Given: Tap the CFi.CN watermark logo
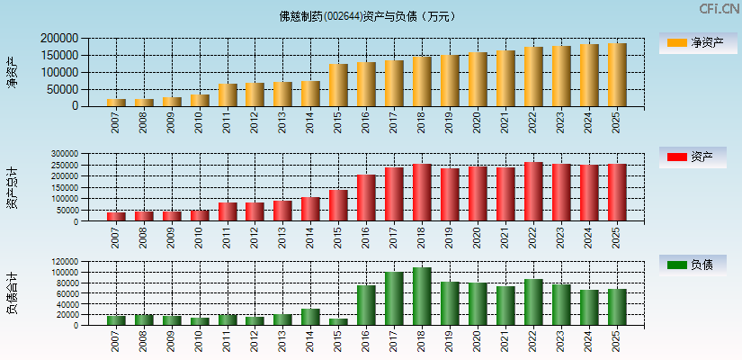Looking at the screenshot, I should tap(720, 9).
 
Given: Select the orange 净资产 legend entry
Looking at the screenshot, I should tap(693, 42).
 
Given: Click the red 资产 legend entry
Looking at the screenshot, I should tap(693, 157).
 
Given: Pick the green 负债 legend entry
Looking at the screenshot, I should tap(693, 265).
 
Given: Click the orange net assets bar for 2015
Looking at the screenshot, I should tap(338, 85).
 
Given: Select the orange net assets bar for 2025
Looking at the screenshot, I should tap(617, 75).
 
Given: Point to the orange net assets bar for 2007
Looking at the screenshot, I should tap(116, 103).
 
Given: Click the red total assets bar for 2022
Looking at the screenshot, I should tap(533, 192).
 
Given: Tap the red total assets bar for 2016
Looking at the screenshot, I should tap(366, 198).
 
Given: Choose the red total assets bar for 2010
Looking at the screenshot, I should tap(200, 216).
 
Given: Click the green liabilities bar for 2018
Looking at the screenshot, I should tap(422, 296).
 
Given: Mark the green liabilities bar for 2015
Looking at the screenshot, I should tap(338, 321).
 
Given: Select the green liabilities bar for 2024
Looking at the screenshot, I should tap(589, 307).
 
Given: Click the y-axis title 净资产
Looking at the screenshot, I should tap(12, 72).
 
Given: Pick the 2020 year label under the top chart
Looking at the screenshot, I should tap(478, 123).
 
